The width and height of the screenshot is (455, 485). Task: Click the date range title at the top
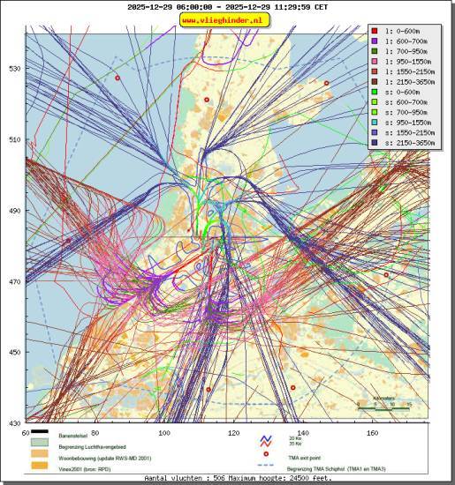click(x=227, y=6)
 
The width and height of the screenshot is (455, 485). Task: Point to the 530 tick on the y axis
click(x=15, y=68)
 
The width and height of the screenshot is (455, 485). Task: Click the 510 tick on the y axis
click(x=15, y=139)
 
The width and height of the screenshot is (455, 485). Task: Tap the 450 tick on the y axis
click(x=15, y=353)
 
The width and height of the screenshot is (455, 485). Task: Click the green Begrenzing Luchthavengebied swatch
click(x=39, y=445)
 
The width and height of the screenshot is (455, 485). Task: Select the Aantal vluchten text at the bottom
click(x=227, y=478)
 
